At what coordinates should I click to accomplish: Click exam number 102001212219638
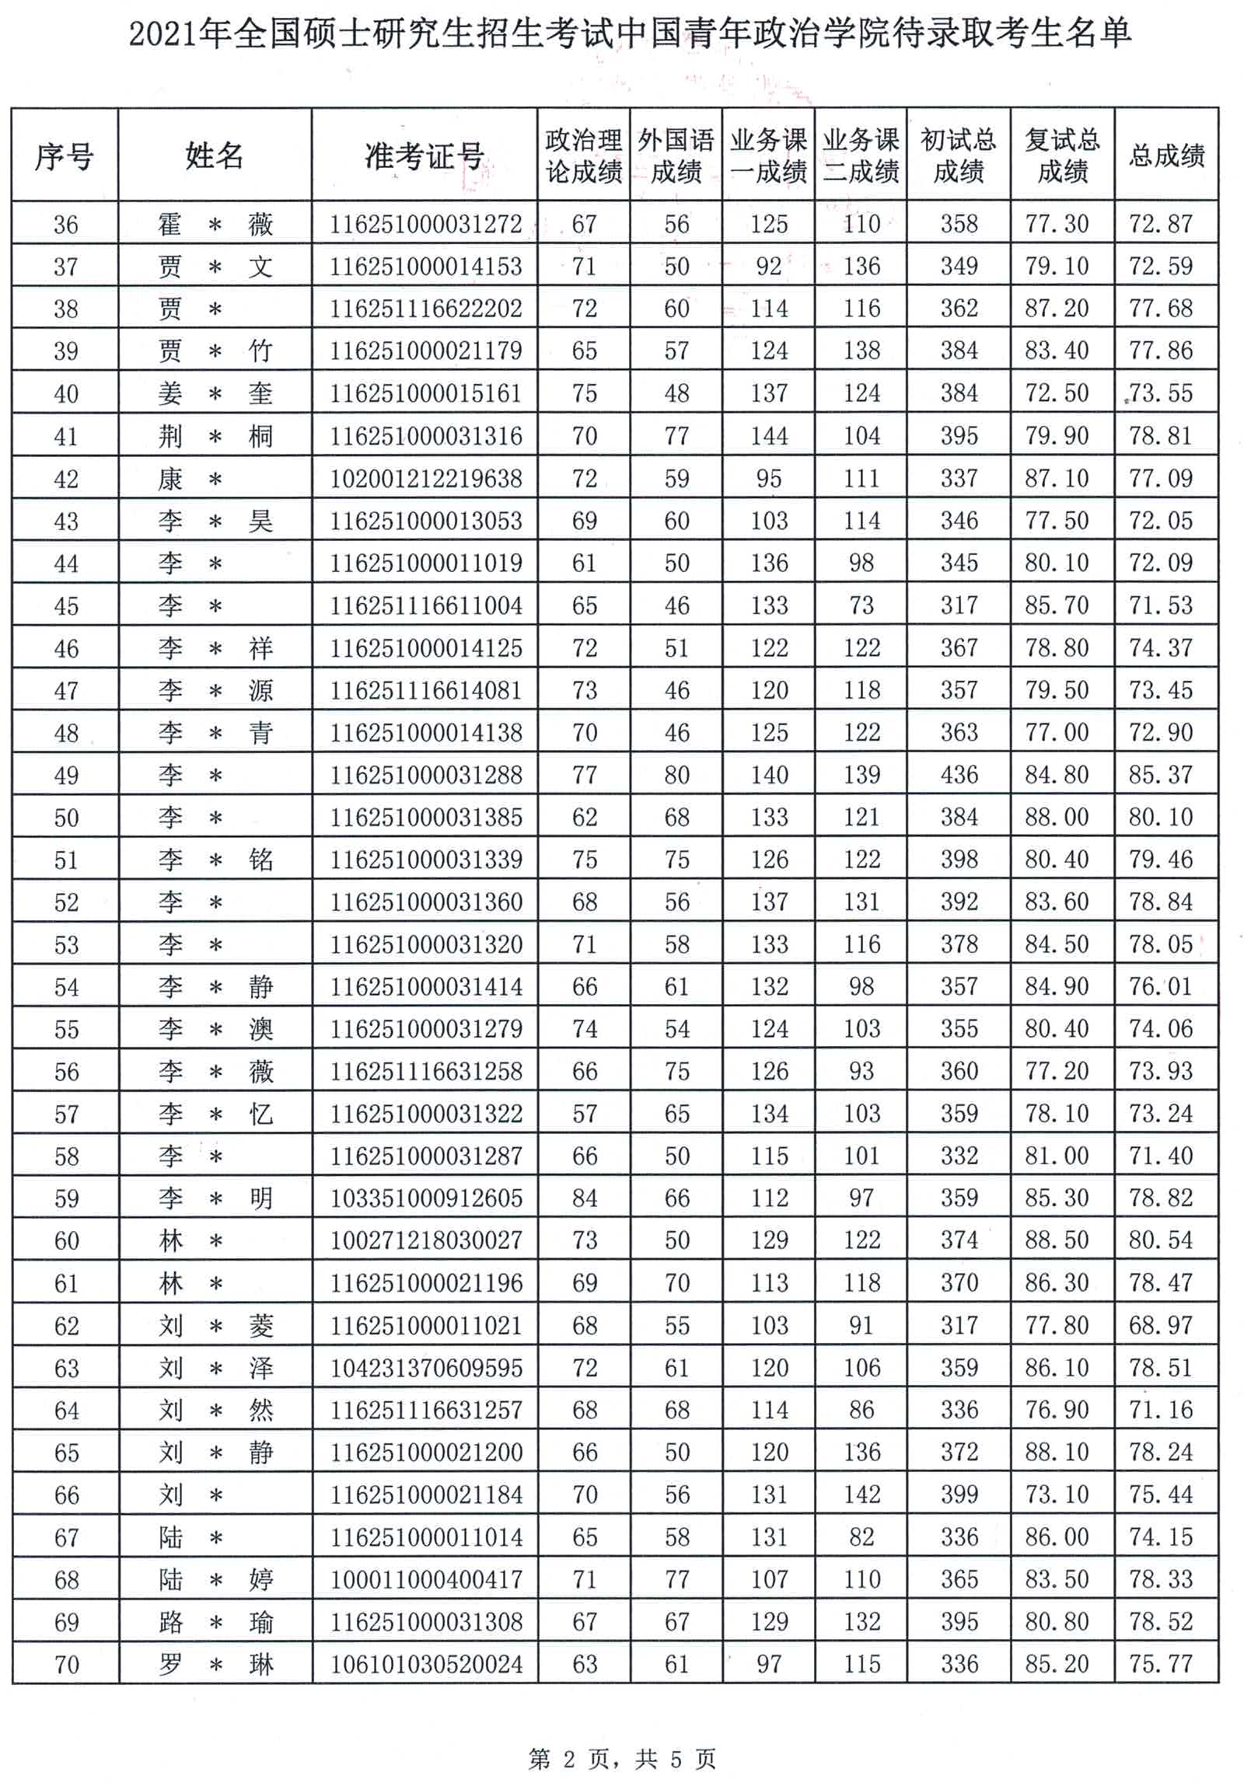tap(425, 479)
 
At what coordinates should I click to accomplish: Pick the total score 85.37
tap(1161, 775)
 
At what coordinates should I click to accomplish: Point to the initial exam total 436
tap(959, 775)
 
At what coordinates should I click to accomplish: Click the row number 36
tap(65, 225)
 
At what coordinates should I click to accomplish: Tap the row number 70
tap(66, 1664)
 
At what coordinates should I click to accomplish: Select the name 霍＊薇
tap(215, 225)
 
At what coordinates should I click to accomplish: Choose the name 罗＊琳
tap(215, 1664)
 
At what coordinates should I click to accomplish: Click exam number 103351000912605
tap(425, 1198)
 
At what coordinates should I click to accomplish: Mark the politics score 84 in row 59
tap(584, 1198)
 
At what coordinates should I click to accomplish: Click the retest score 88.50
tap(1057, 1240)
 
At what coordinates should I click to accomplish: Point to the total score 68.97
tap(1161, 1324)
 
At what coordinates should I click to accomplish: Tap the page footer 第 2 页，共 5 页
tap(621, 1758)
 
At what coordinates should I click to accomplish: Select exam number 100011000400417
tap(425, 1579)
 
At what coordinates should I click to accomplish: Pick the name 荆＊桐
tap(215, 436)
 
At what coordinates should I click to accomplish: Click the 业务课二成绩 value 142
tap(862, 1495)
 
